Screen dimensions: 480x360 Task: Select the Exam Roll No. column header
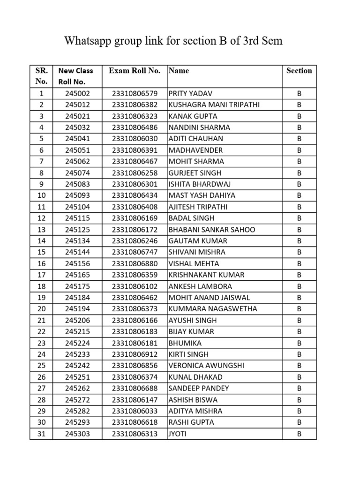click(x=135, y=71)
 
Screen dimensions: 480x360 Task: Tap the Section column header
click(x=299, y=71)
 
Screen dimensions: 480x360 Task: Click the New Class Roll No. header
click(x=75, y=76)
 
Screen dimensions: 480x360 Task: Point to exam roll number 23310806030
click(x=135, y=139)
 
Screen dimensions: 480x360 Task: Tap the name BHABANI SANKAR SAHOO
click(x=211, y=230)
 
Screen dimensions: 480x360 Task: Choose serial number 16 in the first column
click(x=41, y=263)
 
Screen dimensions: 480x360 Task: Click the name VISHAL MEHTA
click(x=194, y=263)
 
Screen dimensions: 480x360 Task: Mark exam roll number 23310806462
click(x=135, y=298)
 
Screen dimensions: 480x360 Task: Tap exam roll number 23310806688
click(x=135, y=388)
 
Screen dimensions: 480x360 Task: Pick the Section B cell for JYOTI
click(x=299, y=434)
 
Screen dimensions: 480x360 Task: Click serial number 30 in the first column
click(x=41, y=422)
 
